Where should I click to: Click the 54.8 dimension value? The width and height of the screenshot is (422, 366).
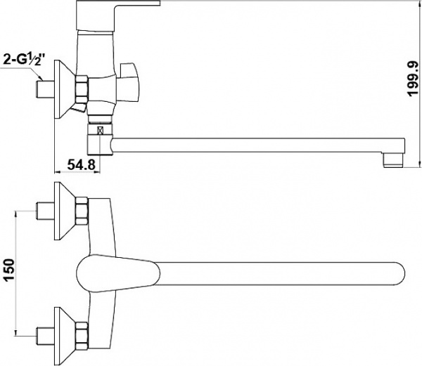click(81, 164)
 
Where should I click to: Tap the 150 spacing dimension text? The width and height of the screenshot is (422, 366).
click(9, 270)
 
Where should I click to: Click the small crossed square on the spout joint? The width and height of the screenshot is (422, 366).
click(101, 131)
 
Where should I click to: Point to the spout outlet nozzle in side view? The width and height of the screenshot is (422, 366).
click(393, 161)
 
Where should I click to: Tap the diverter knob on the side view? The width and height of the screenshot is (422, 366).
click(129, 82)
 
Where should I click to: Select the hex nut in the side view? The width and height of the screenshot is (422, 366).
click(82, 89)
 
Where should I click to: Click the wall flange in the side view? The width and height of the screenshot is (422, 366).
click(63, 89)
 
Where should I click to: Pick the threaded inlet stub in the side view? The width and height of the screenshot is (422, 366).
click(46, 89)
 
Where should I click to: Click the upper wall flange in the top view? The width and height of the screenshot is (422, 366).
click(65, 211)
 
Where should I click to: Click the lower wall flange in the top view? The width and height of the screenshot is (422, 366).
click(65, 336)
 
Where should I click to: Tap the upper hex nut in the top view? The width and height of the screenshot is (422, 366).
click(82, 211)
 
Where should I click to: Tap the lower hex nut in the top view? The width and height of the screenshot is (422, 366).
click(82, 336)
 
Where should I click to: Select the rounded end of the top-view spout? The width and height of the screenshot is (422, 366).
click(398, 274)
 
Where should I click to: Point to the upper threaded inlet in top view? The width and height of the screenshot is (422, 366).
click(46, 211)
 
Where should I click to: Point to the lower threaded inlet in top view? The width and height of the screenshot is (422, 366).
click(46, 336)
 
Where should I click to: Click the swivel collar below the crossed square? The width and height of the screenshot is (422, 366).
click(100, 145)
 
